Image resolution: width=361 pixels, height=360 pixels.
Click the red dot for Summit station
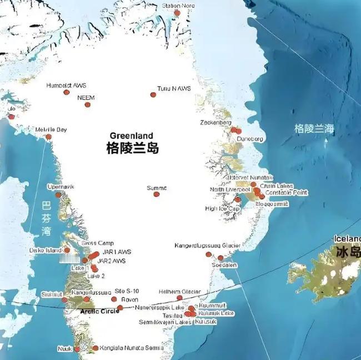pos(157,194)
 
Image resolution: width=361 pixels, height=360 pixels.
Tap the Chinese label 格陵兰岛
pos(132,148)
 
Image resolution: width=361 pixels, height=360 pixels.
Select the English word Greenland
pos(131,135)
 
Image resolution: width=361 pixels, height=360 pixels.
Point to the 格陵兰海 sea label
pos(314,129)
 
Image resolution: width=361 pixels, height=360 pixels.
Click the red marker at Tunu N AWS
pos(153,95)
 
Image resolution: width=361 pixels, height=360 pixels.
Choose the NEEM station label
pos(86,98)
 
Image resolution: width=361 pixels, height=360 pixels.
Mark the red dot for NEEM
pos(87,104)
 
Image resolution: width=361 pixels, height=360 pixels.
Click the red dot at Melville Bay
pos(48,136)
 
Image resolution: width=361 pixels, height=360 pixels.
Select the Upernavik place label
pos(61,186)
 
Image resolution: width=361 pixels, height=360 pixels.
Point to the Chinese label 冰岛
pos(348,251)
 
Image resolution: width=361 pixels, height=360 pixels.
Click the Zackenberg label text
pos(215,122)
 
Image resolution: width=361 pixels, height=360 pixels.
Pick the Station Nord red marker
pos(177,13)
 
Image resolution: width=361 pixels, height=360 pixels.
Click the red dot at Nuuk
pos(77,349)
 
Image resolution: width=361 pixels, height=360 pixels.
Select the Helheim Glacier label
pos(179,291)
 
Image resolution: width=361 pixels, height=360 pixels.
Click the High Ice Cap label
pos(223,209)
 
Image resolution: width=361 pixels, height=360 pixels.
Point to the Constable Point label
pos(287,192)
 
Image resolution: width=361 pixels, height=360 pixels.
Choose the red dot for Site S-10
pos(114,299)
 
